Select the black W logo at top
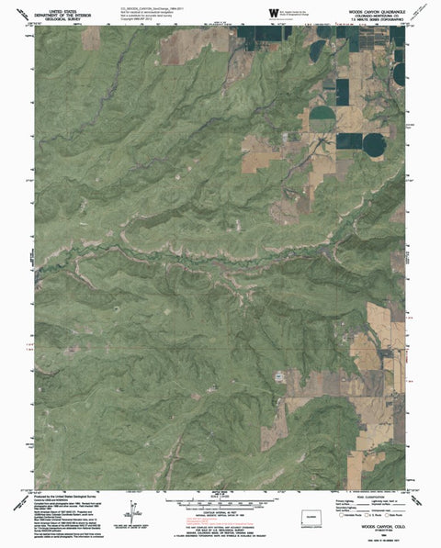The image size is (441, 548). click(274, 11)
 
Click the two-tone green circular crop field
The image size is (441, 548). click(322, 116)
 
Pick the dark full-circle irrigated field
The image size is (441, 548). click(373, 144)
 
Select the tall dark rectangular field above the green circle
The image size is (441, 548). click(343, 92)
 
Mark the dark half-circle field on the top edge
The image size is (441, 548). click(323, 31)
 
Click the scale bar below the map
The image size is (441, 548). click(221, 504)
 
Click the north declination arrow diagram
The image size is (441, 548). click(134, 510)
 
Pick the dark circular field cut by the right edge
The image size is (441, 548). click(400, 73)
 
